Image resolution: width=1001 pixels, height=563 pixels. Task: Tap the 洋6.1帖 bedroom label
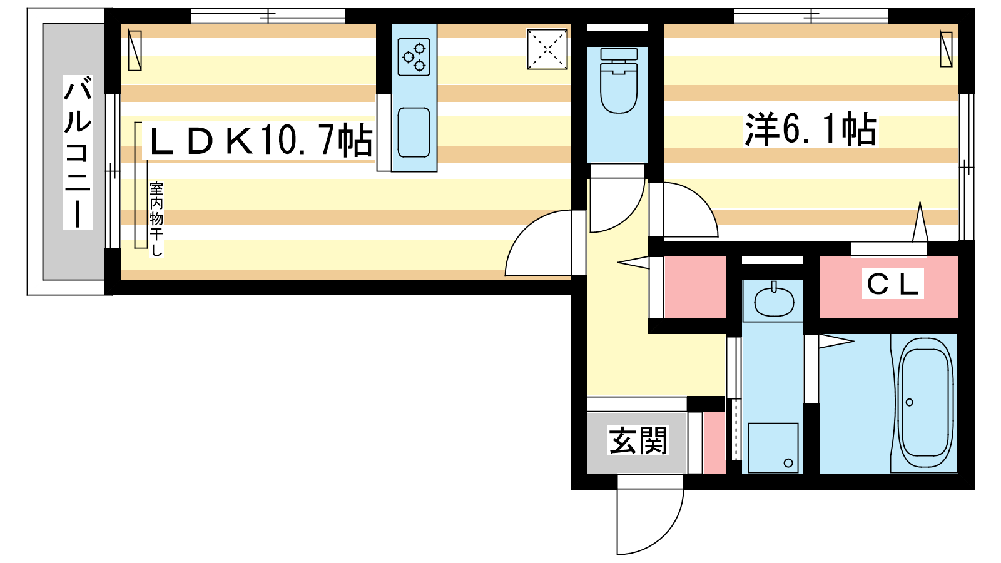(x=811, y=129)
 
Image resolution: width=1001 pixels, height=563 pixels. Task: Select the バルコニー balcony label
(x=78, y=153)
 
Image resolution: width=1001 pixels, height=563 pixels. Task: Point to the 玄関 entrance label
(x=638, y=440)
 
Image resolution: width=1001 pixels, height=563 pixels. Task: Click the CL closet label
(x=892, y=284)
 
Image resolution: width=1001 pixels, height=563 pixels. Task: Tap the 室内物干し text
(x=156, y=219)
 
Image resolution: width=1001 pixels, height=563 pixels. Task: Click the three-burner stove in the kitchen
(x=414, y=57)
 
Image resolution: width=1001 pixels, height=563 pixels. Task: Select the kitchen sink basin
(x=414, y=132)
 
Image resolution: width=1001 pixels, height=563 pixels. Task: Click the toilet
(x=619, y=81)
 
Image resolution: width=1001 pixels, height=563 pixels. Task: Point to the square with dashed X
(x=547, y=49)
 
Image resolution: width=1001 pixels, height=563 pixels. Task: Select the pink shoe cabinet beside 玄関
(x=714, y=442)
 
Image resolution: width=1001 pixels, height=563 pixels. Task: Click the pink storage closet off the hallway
(x=695, y=287)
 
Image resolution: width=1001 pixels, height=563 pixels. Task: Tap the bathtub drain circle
(x=910, y=402)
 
